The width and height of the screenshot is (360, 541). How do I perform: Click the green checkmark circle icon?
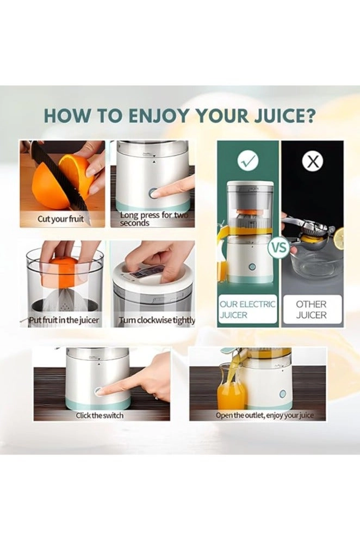[x=248, y=160]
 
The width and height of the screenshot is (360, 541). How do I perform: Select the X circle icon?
[x=312, y=161]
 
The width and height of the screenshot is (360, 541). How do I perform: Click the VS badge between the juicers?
[x=279, y=247]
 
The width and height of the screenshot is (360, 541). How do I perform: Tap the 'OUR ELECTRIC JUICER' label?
[x=247, y=310]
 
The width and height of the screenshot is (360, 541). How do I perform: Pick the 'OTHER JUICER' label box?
[x=312, y=310]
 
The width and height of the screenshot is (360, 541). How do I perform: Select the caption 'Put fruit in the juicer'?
[x=64, y=320]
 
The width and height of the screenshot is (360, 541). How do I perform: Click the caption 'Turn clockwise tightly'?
[x=157, y=320]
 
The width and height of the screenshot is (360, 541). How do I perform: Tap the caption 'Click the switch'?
[x=100, y=415]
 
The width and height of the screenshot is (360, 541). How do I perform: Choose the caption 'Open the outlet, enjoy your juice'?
[x=264, y=415]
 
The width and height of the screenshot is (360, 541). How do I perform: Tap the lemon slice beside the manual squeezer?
[x=339, y=238]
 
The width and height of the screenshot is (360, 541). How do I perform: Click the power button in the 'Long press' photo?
[x=154, y=193]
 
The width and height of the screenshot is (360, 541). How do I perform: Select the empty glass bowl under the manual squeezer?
[x=312, y=265]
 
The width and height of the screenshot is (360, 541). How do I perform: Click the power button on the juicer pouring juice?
[x=282, y=394]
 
